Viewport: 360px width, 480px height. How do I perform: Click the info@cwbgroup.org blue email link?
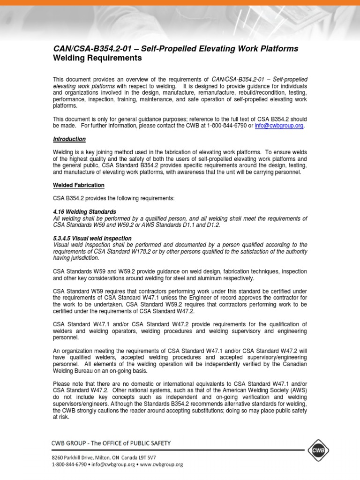[279, 126]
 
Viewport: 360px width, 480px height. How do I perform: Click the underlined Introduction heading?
[69, 139]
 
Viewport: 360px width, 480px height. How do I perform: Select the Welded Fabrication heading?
[79, 185]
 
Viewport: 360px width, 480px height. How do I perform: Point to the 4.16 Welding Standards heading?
[84, 212]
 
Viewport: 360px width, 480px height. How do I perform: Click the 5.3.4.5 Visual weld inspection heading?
[92, 238]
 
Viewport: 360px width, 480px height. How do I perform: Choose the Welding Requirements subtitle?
[97, 58]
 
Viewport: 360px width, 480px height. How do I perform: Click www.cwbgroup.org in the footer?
[162, 464]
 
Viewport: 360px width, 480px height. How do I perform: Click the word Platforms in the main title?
[280, 48]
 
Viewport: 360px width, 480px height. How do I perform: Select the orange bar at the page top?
[180, 3]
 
